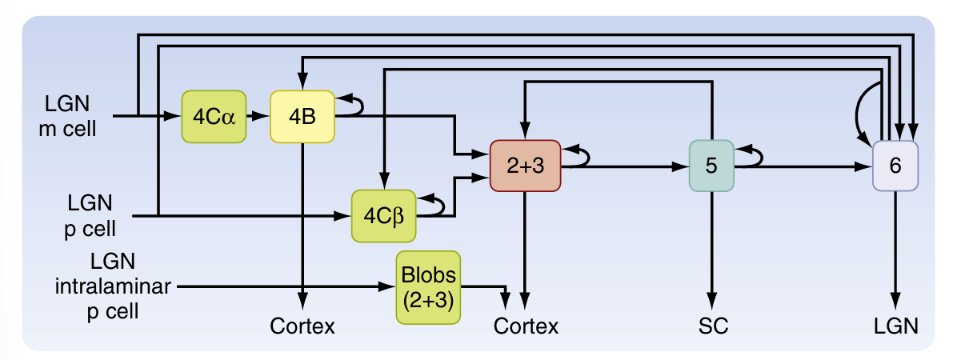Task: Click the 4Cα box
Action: [x=214, y=117]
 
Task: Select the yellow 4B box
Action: [x=302, y=117]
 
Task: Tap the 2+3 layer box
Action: [x=524, y=166]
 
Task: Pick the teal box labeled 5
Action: [x=711, y=166]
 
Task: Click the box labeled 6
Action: [x=895, y=166]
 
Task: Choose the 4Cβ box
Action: [x=384, y=215]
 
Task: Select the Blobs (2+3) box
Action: [x=428, y=287]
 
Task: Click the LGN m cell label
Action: [x=68, y=116]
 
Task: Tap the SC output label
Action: [x=711, y=326]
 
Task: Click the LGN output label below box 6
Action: [x=895, y=326]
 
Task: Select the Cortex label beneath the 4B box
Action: [x=302, y=326]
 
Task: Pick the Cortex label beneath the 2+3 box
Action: [x=526, y=326]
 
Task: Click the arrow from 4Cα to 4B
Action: [x=258, y=117]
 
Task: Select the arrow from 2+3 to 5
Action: [x=623, y=167]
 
